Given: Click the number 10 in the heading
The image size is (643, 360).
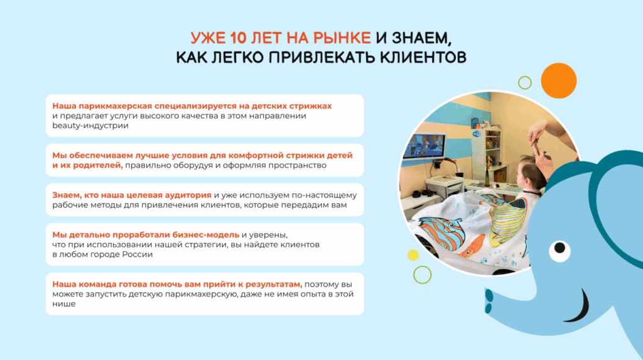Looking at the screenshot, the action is point(238,38).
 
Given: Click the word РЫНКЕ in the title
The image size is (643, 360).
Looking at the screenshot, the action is point(342,38).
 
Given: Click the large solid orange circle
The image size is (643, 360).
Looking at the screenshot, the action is point(558,81).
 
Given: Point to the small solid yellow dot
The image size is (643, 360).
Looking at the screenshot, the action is point(413,255).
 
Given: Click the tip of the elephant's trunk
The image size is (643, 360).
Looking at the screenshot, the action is point(489,302).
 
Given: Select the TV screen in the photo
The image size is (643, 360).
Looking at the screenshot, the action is point(424,146).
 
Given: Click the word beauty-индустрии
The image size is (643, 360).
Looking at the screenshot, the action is point(90,126).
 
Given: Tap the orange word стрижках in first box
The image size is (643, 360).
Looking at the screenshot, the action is point(312,106).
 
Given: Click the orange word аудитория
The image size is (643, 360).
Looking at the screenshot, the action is point(188,195).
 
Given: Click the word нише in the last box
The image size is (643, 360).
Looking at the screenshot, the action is point(63,304).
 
